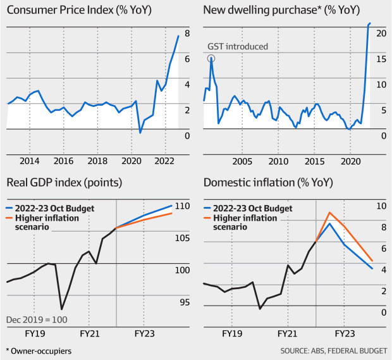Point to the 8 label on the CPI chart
(187, 33)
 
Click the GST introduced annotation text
(238, 46)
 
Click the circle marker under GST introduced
(211, 58)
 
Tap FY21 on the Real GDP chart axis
(89, 332)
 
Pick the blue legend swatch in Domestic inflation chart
(207, 208)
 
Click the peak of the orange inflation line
(329, 213)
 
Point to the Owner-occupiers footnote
(39, 350)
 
